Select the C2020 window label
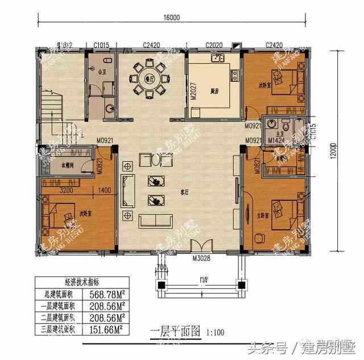[x=213, y=45]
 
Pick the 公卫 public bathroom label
[x=102, y=72]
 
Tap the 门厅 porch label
[x=203, y=279]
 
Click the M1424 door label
[x=276, y=140]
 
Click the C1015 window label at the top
[x=101, y=45]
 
